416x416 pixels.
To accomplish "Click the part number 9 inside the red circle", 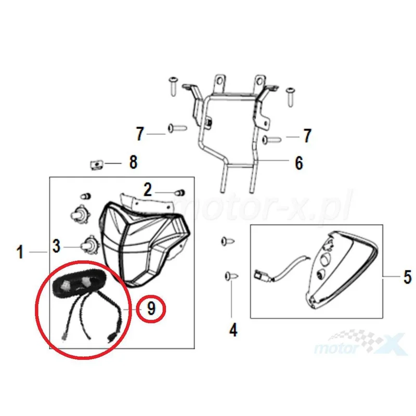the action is tap(151, 308).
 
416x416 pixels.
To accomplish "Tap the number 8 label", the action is tap(133, 162).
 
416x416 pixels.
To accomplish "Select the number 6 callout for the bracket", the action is tap(299, 163).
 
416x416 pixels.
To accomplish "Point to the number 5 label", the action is tap(408, 277).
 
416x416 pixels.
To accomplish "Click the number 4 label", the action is tap(233, 330).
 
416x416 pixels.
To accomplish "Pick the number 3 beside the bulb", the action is tap(56, 246).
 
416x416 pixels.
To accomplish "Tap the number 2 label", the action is tap(148, 190).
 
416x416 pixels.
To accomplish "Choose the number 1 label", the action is tap(20, 252).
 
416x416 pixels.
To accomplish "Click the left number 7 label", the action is tap(140, 134).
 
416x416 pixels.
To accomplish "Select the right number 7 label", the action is tap(307, 136).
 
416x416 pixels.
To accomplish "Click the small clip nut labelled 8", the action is tap(97, 165).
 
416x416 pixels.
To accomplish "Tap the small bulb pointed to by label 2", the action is tap(180, 192).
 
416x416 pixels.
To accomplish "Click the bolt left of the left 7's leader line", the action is tap(177, 128).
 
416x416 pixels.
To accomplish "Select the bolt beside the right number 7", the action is tap(271, 139).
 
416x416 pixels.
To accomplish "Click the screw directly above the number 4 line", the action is tap(231, 277).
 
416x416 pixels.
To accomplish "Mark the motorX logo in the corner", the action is tap(360, 343).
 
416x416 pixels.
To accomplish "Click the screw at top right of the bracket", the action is tap(291, 97).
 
